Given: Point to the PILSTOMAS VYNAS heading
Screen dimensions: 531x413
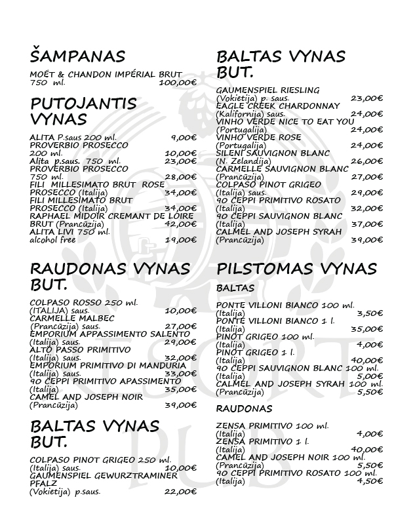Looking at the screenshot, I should click(x=296, y=269).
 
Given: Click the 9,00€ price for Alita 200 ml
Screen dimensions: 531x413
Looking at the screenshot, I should click(x=184, y=137).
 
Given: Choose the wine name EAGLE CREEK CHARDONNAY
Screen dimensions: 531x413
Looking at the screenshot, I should click(x=278, y=106).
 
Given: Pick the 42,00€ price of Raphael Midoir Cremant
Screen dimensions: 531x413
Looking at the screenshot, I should click(x=181, y=224).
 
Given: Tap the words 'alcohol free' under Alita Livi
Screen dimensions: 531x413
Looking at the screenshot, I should click(x=53, y=240).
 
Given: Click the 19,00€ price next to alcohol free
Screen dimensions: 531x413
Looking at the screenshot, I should click(x=181, y=240).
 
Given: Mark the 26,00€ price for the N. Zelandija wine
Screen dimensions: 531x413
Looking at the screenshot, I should click(x=366, y=161).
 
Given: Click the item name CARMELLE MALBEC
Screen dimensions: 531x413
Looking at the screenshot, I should click(x=72, y=319).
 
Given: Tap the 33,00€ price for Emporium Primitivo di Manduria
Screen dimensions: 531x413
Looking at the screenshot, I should click(x=181, y=374).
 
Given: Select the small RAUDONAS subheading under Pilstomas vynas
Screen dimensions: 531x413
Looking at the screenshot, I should click(x=239, y=408).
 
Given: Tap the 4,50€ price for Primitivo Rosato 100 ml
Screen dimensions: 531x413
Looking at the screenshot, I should click(x=370, y=481).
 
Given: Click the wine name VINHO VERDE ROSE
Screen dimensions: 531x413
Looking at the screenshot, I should click(x=258, y=137).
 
